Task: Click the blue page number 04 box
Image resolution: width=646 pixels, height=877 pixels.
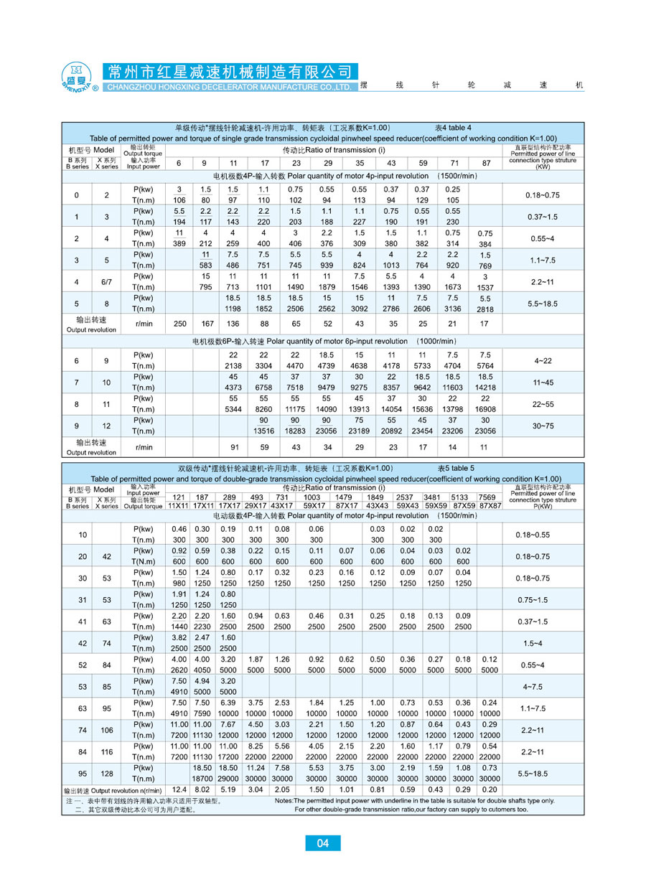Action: click(323, 843)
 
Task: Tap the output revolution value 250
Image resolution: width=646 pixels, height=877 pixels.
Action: click(179, 324)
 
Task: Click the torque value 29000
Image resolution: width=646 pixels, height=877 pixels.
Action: click(228, 778)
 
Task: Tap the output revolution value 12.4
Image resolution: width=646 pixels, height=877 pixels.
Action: click(179, 789)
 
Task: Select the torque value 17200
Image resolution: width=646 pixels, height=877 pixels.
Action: click(228, 756)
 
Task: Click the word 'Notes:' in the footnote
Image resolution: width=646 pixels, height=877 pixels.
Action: click(284, 799)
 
